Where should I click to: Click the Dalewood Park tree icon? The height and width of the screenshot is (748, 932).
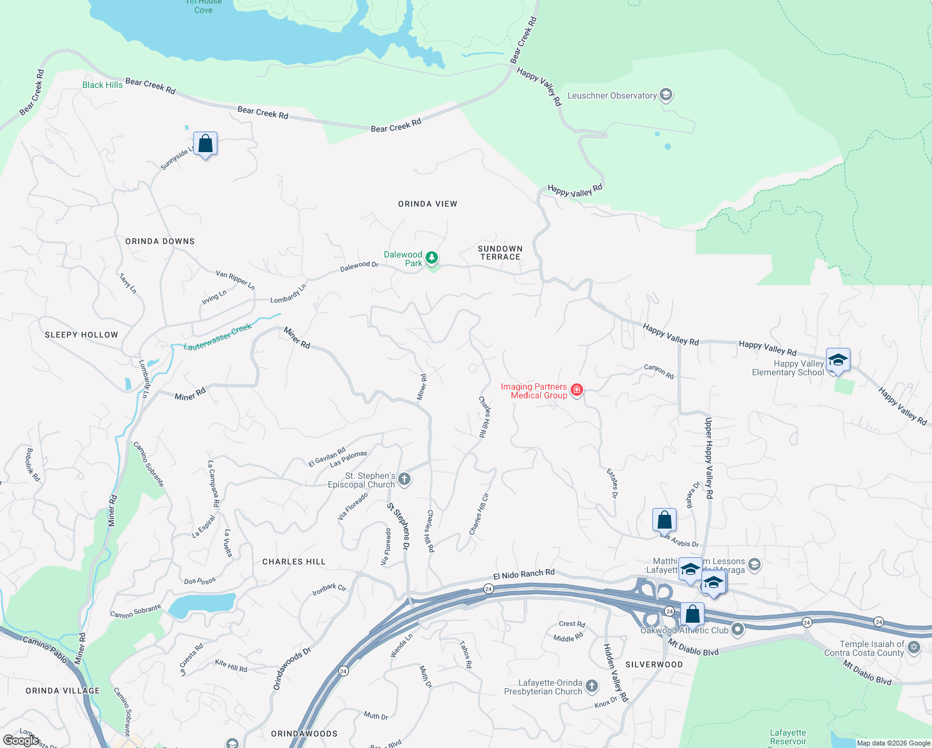431,257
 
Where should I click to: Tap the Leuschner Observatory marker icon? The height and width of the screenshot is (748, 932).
666,95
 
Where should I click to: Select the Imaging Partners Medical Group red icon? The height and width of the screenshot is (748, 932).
577,390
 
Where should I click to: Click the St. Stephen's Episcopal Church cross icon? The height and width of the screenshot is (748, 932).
404,479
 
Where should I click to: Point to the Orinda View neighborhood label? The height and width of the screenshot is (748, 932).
427,204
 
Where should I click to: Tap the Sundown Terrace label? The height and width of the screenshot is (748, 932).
500,252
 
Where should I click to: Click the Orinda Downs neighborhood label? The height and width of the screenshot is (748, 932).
160,241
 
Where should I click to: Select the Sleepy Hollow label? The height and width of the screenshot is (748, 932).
82,335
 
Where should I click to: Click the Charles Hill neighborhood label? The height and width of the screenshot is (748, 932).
294,562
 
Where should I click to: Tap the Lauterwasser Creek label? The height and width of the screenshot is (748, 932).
218,337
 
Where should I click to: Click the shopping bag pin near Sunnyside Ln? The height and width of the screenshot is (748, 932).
205,144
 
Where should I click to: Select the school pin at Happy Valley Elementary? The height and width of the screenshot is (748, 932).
838,360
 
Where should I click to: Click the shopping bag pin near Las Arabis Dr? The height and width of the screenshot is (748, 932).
664,520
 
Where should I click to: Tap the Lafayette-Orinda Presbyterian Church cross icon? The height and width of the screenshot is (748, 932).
592,686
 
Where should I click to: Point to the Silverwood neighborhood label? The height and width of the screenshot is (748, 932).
654,664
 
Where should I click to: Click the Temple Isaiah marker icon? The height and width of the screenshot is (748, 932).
914,647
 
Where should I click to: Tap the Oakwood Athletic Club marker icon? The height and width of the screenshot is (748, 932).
738,630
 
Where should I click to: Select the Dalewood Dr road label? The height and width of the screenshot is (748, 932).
359,266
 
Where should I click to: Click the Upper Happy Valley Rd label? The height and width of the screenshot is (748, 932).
708,458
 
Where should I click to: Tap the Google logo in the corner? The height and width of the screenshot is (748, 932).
21,741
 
